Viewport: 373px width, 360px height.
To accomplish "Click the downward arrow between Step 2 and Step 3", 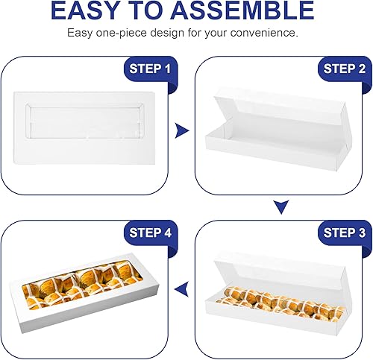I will [280, 206].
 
